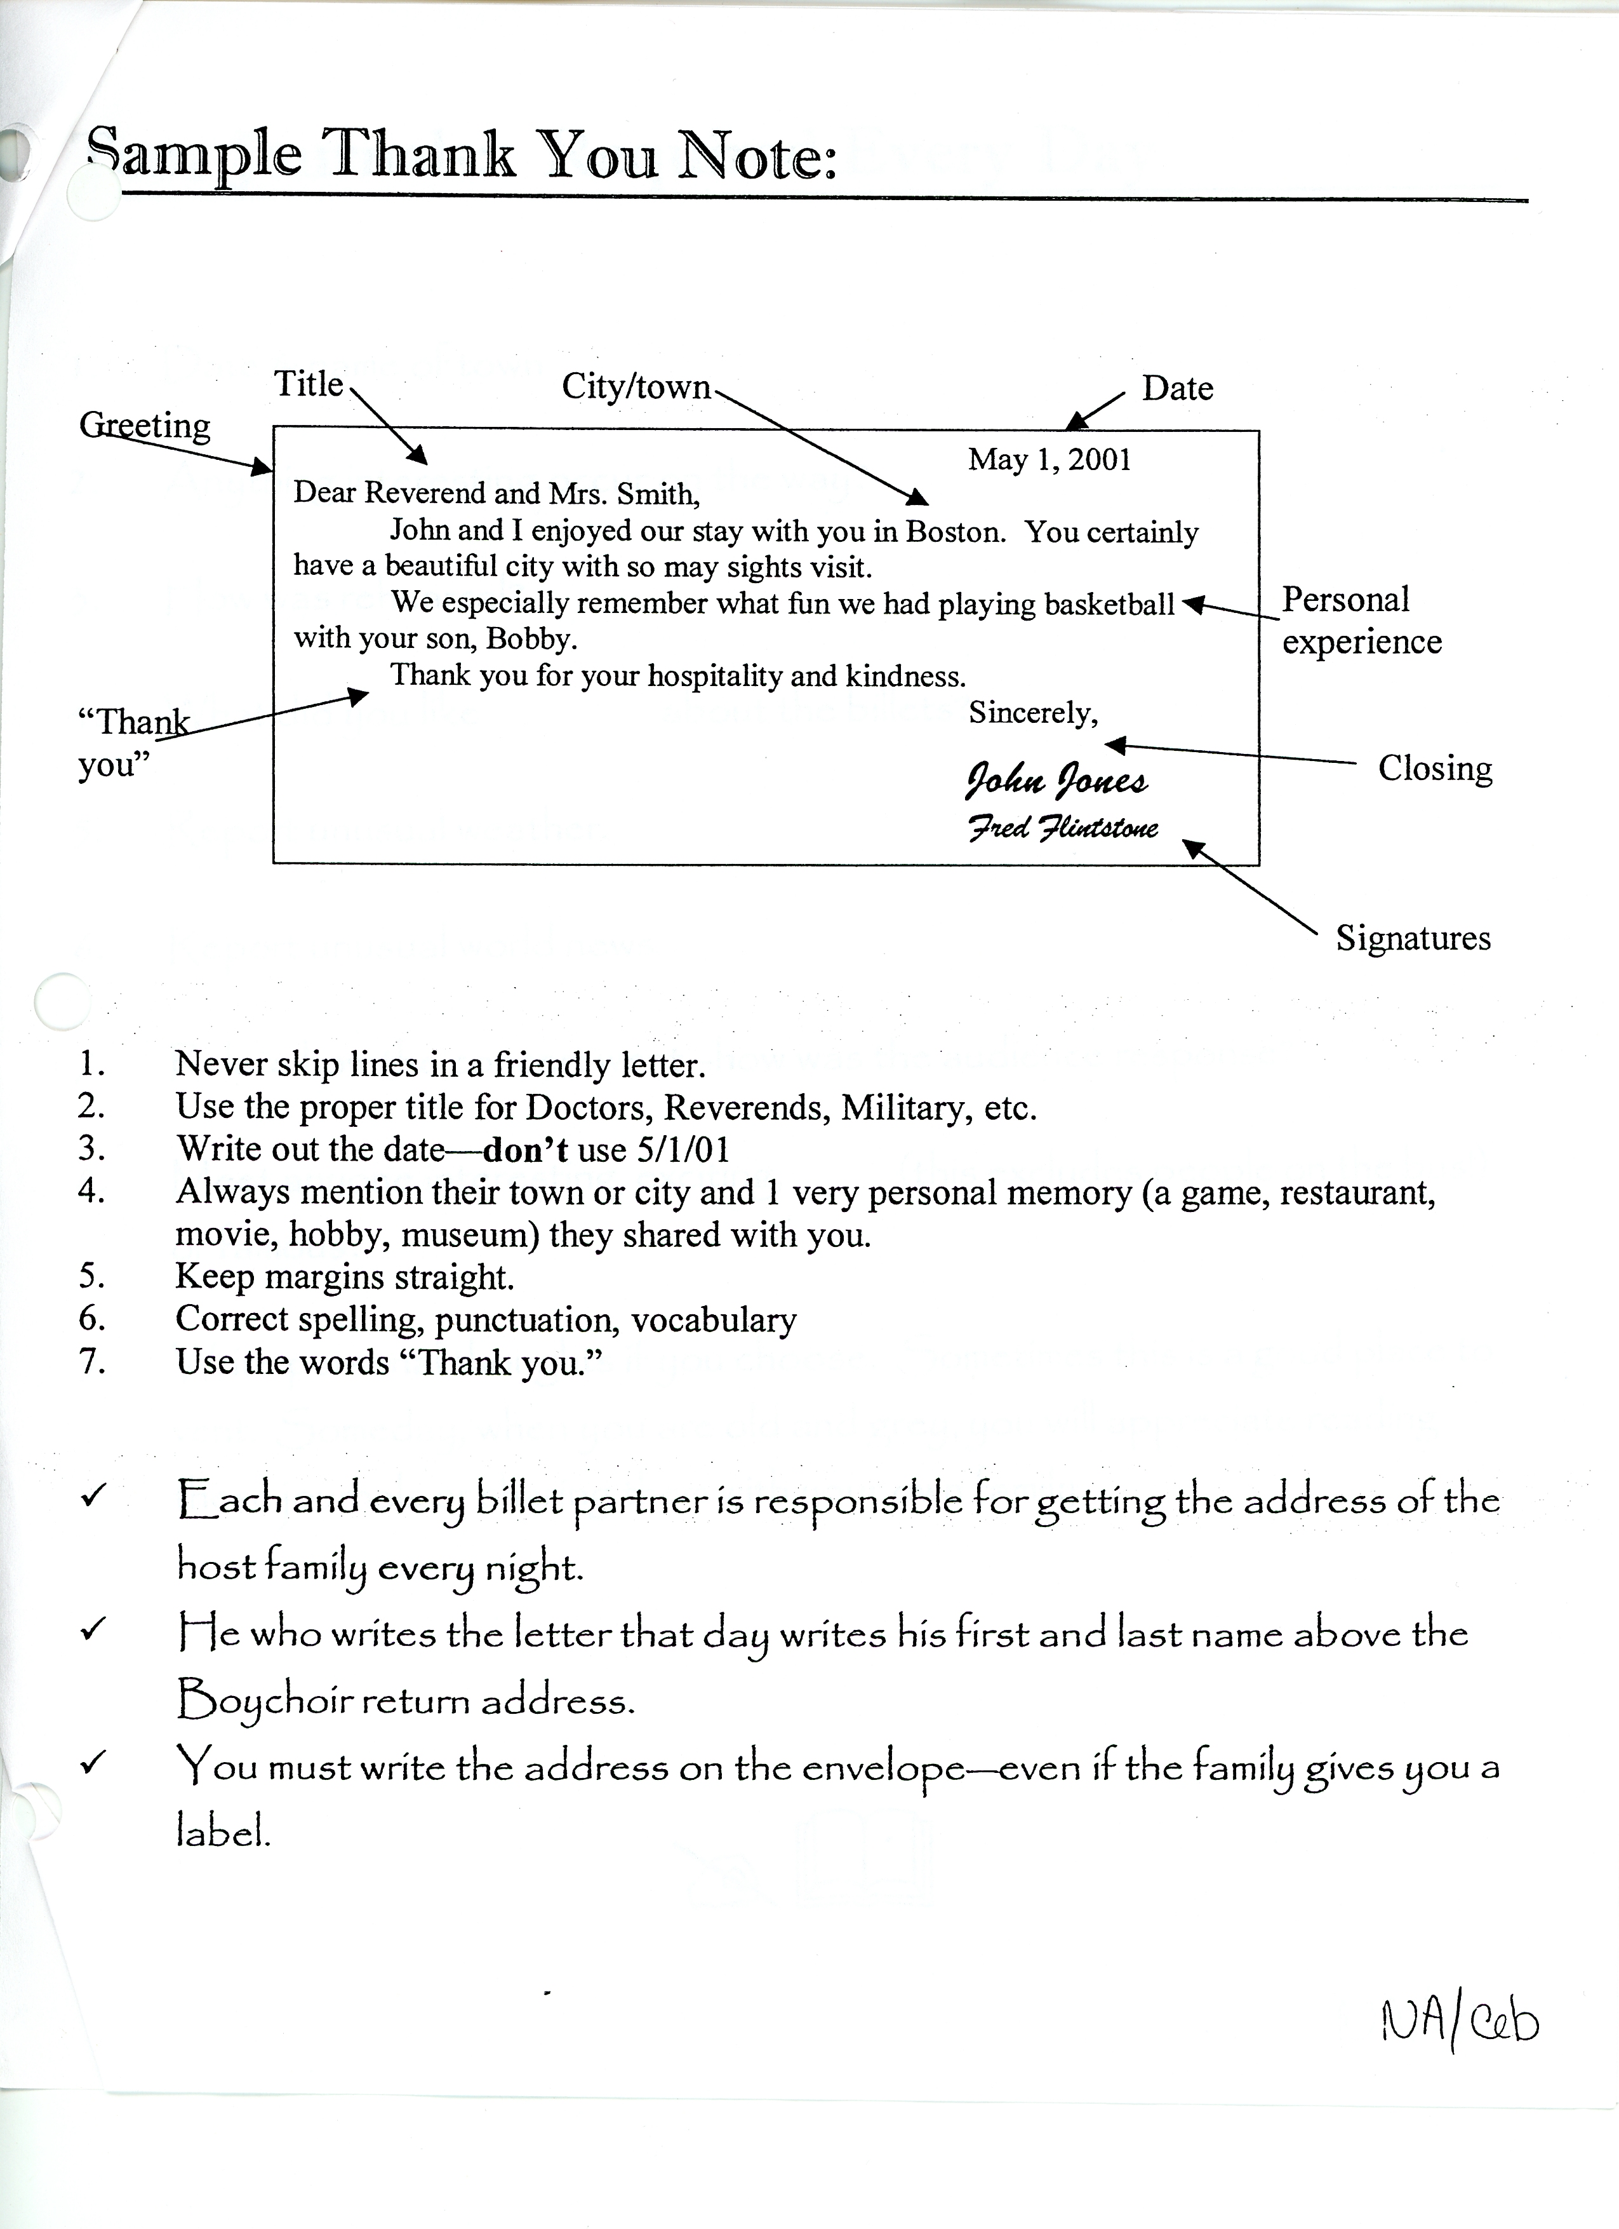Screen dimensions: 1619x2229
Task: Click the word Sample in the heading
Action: (194, 155)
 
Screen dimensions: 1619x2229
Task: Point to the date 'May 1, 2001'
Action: (1049, 460)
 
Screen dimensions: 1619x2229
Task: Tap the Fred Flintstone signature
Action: (1063, 828)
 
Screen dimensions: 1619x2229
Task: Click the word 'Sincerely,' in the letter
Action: (1032, 713)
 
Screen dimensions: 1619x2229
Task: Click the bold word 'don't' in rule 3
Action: (526, 1149)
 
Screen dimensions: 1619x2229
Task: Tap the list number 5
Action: (91, 1276)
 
